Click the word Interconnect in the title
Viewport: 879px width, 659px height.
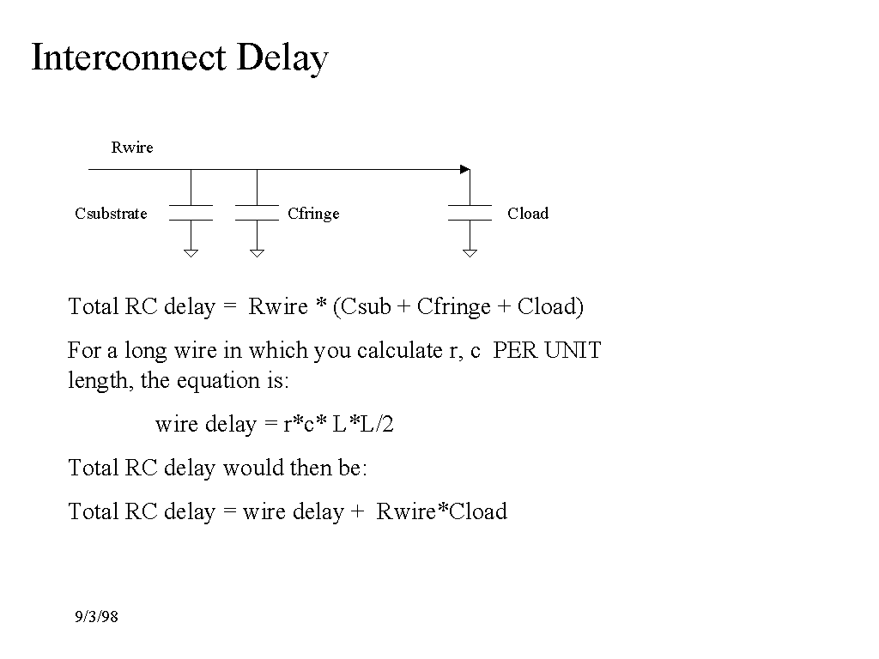128,58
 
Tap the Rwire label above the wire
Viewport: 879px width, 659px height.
132,148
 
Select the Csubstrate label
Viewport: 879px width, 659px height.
111,214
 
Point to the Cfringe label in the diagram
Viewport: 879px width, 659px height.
313,214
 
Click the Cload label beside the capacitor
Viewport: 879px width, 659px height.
527,214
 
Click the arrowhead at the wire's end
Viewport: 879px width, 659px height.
465,169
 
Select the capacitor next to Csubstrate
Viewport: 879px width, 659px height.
191,213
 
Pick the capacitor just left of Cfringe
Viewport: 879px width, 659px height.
257,213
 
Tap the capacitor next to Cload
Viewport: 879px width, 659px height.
470,213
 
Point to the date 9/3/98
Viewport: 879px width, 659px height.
96,617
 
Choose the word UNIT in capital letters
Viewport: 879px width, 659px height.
573,351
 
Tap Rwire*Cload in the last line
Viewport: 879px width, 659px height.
442,512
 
